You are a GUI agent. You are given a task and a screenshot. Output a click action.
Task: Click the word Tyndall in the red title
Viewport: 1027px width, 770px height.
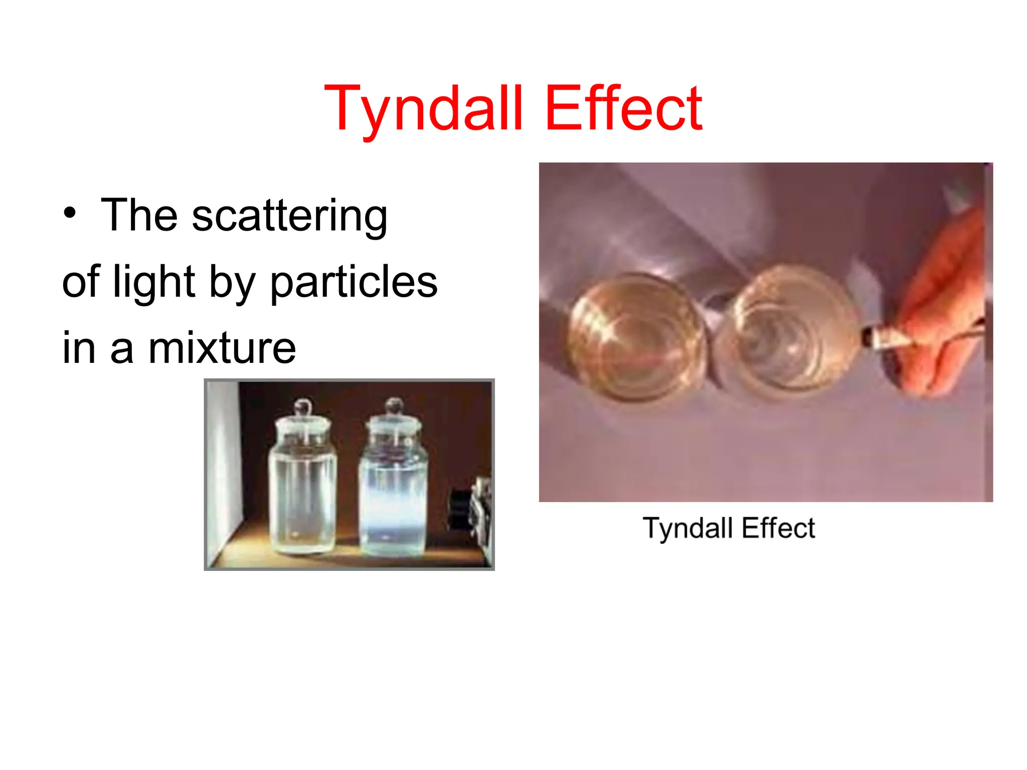click(x=424, y=109)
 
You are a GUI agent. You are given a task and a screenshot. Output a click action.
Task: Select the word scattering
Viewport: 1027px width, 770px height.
click(x=289, y=216)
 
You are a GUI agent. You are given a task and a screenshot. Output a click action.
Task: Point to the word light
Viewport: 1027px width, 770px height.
click(x=153, y=282)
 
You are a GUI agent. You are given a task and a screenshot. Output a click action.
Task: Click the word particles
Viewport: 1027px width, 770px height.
click(x=354, y=282)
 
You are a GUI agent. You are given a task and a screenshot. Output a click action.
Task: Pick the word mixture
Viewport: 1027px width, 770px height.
click(x=222, y=348)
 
